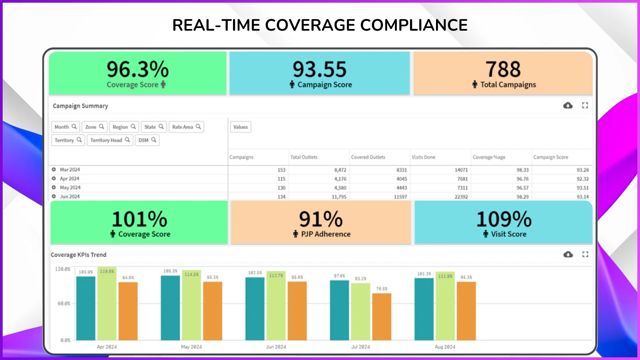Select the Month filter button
pos(65,127)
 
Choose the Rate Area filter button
pos(186,127)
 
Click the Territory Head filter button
pos(110,140)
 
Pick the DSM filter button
pos(147,140)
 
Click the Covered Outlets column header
pos(368,157)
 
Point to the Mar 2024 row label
pos(70,170)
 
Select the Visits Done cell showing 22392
pos(461,197)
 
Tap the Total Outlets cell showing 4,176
pos(340,179)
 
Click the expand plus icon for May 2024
pos(54,187)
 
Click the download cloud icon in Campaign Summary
pos(568,106)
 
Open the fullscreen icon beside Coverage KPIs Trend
pos(585,254)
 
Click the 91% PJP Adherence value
pos(320,219)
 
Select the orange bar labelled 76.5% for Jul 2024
pos(382,317)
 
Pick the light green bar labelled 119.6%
pos(107,303)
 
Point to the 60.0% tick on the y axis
pos(64,304)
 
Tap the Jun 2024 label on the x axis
pos(276,347)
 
